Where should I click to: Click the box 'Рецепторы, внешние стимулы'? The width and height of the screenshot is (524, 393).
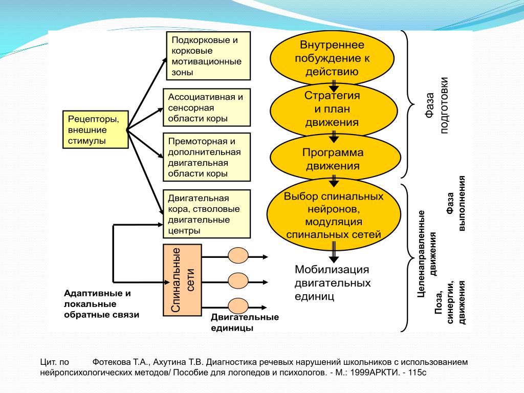(x=95, y=129)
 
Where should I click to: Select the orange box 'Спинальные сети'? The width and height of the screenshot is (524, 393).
(x=182, y=280)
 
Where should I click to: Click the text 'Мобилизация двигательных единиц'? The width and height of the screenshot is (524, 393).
(x=332, y=283)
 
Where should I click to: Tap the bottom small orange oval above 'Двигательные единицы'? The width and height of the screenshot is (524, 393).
(x=238, y=305)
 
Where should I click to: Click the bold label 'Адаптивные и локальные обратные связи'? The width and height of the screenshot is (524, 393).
(x=101, y=304)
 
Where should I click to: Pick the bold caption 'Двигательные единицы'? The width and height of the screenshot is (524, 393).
(x=245, y=322)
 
